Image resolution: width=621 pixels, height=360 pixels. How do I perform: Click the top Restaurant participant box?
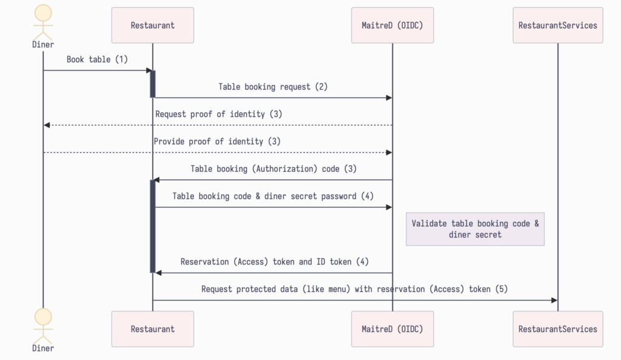click(152, 25)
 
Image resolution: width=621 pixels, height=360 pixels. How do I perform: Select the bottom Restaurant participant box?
click(152, 329)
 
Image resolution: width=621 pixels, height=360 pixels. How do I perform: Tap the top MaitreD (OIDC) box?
click(392, 25)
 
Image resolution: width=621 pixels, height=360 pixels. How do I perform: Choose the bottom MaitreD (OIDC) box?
click(392, 329)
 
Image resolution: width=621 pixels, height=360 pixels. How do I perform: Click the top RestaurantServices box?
click(557, 25)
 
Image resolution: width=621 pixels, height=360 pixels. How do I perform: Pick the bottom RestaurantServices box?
click(557, 329)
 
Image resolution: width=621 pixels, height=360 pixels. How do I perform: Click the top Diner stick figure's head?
click(43, 13)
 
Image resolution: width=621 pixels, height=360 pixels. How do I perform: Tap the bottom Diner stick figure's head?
click(43, 316)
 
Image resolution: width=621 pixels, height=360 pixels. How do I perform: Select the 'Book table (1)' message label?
click(97, 59)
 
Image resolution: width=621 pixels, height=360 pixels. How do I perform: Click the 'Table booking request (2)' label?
click(273, 87)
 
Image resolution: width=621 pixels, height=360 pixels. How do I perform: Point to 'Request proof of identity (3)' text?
click(218, 114)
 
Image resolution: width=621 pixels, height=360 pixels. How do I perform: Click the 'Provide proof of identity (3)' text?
click(217, 141)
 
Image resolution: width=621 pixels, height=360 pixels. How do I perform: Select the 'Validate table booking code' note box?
click(475, 229)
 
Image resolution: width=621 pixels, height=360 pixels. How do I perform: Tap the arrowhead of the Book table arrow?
click(149, 71)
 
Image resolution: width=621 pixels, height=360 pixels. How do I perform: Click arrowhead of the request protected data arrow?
click(554, 300)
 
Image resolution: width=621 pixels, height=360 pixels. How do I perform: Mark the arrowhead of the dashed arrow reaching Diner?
click(47, 125)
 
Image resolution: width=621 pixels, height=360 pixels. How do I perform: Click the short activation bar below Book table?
click(153, 84)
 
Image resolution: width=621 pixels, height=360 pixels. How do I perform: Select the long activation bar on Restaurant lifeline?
click(153, 226)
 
